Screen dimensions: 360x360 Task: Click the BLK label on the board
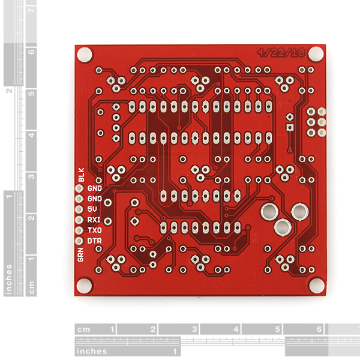[81, 175]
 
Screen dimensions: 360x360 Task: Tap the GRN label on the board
[80, 255]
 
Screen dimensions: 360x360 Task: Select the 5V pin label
[92, 209]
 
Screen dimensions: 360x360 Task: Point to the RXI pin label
[94, 220]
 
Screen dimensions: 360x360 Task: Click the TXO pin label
[95, 230]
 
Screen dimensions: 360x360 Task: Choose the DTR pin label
[94, 241]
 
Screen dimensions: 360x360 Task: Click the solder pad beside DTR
[79, 241]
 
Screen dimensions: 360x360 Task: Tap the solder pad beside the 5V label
[79, 209]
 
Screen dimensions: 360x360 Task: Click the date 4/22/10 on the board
[281, 53]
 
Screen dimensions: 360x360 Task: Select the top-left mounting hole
[85, 55]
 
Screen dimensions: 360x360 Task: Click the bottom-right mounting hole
[317, 286]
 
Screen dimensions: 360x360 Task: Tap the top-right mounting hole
[316, 54]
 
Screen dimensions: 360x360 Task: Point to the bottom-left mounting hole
[84, 286]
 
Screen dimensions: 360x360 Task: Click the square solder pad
[290, 127]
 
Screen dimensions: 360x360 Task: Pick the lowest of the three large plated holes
[283, 227]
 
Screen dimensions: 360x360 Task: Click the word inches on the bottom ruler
[92, 351]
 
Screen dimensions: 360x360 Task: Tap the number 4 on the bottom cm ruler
[236, 329]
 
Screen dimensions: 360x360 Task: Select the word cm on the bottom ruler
[83, 329]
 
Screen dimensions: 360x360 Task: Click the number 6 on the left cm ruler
[31, 52]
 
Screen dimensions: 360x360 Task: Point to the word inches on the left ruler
[9, 279]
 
